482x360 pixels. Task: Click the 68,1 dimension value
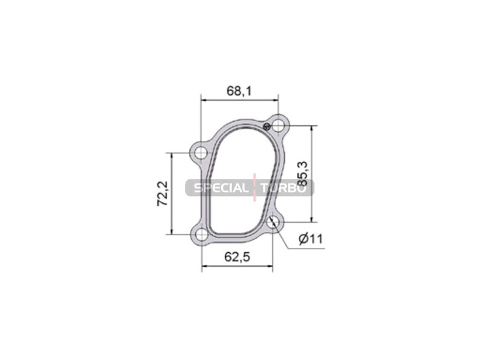coord(239,91)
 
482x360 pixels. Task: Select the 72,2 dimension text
coord(163,194)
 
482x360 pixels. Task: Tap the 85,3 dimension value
coord(302,174)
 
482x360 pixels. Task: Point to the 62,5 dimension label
coord(237,257)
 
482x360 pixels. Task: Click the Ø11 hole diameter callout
coord(311,238)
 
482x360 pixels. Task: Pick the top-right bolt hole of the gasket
coord(278,125)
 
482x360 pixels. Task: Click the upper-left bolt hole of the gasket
coord(201,153)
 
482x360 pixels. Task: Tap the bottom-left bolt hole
coord(202,235)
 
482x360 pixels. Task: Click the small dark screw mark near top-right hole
coord(267,126)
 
